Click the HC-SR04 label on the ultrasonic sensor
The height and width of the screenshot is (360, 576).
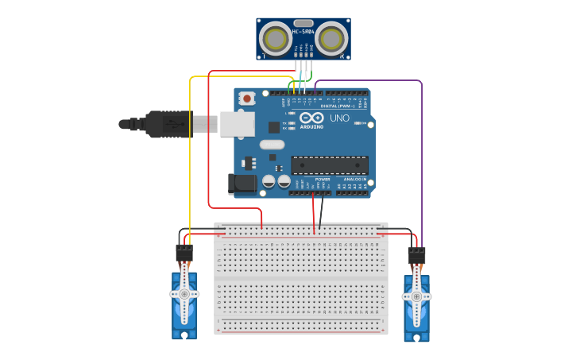pos(303,32)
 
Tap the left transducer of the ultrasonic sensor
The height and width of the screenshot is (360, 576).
pos(276,38)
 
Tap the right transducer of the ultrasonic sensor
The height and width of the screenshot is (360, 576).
pos(331,38)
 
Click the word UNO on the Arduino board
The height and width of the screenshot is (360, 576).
pos(339,118)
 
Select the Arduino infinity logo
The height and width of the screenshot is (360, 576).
pos(312,118)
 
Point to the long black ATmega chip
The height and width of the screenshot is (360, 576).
pos(329,165)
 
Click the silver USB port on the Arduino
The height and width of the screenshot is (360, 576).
pos(237,123)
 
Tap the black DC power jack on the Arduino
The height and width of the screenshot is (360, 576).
pos(242,184)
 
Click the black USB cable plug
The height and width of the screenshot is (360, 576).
pos(167,124)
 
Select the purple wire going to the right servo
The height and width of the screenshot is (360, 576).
pos(421,159)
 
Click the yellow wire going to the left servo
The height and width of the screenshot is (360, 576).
pos(190,159)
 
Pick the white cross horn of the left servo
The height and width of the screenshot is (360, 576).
pos(184,293)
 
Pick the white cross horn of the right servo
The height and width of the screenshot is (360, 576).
pos(416,296)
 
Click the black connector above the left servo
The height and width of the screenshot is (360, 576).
pos(184,253)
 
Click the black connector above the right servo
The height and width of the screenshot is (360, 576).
pos(416,255)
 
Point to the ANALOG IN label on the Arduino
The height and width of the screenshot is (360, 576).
pos(354,180)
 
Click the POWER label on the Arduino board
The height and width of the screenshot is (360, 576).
pos(322,180)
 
